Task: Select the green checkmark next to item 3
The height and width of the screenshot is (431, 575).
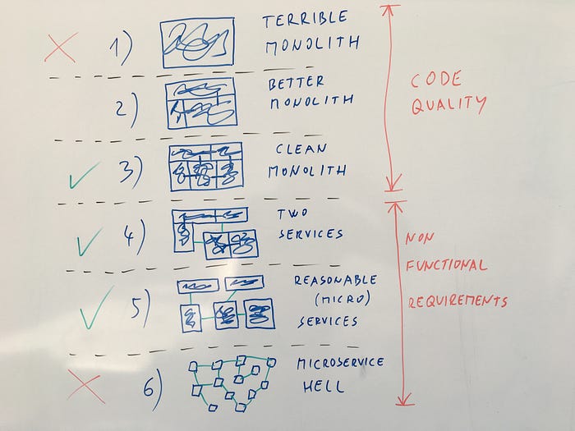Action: tap(84, 175)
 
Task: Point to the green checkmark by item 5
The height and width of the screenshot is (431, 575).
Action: tap(97, 307)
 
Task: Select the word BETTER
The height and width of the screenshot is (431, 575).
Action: tap(296, 82)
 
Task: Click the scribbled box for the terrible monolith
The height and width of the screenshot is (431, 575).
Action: tap(196, 42)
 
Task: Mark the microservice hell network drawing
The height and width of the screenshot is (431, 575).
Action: tap(231, 381)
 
